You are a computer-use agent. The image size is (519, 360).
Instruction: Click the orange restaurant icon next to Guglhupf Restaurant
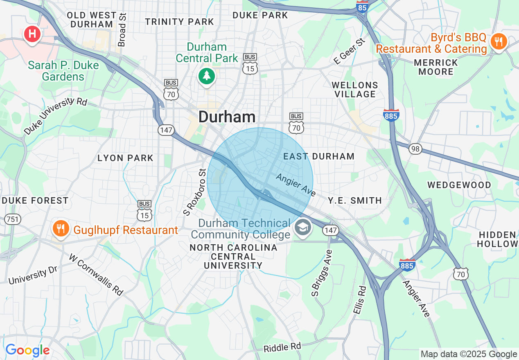(x=61, y=229)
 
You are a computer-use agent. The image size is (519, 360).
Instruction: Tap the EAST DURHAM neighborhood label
(x=319, y=156)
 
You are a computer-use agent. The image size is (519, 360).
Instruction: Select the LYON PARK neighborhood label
(x=125, y=158)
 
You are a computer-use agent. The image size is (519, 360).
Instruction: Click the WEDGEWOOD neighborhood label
(x=459, y=185)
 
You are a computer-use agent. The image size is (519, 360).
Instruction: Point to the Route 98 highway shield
(x=415, y=148)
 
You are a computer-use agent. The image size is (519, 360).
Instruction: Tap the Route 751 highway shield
(x=12, y=219)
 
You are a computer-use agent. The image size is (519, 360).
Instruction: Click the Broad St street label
(x=122, y=29)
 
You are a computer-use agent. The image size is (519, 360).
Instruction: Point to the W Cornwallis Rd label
(x=96, y=274)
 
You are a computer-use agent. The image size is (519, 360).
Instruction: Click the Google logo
(x=27, y=351)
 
